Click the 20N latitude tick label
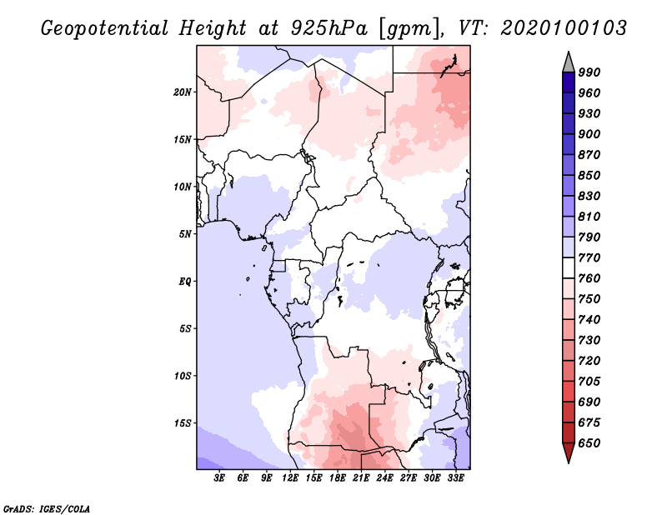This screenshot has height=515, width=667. pyautogui.click(x=182, y=92)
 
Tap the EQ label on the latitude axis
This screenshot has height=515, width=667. pyautogui.click(x=184, y=282)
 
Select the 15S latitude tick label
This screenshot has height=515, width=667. pyautogui.click(x=182, y=423)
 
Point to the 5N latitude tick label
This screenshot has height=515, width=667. pyautogui.click(x=184, y=234)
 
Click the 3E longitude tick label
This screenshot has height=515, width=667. pyautogui.click(x=219, y=478)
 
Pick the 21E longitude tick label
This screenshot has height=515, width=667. pyautogui.click(x=361, y=478)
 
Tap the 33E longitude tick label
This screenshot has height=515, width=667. pyautogui.click(x=455, y=478)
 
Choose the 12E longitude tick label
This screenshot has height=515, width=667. pyautogui.click(x=290, y=478)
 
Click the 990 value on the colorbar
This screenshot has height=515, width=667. pyautogui.click(x=589, y=72)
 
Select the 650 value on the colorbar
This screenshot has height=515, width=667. pyautogui.click(x=589, y=443)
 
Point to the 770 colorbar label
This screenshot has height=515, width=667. pyautogui.click(x=589, y=257)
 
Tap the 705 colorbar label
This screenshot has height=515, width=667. pyautogui.click(x=589, y=382)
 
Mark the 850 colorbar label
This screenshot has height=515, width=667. pyautogui.click(x=589, y=175)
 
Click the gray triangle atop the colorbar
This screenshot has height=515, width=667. pyautogui.click(x=569, y=62)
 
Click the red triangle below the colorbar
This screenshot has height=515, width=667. pyautogui.click(x=569, y=452)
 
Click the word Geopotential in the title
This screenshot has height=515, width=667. pyautogui.click(x=105, y=28)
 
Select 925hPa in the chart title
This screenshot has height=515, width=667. pyautogui.click(x=328, y=28)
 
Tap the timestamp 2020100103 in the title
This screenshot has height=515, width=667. pyautogui.click(x=564, y=28)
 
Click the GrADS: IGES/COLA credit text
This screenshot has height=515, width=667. pyautogui.click(x=47, y=509)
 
